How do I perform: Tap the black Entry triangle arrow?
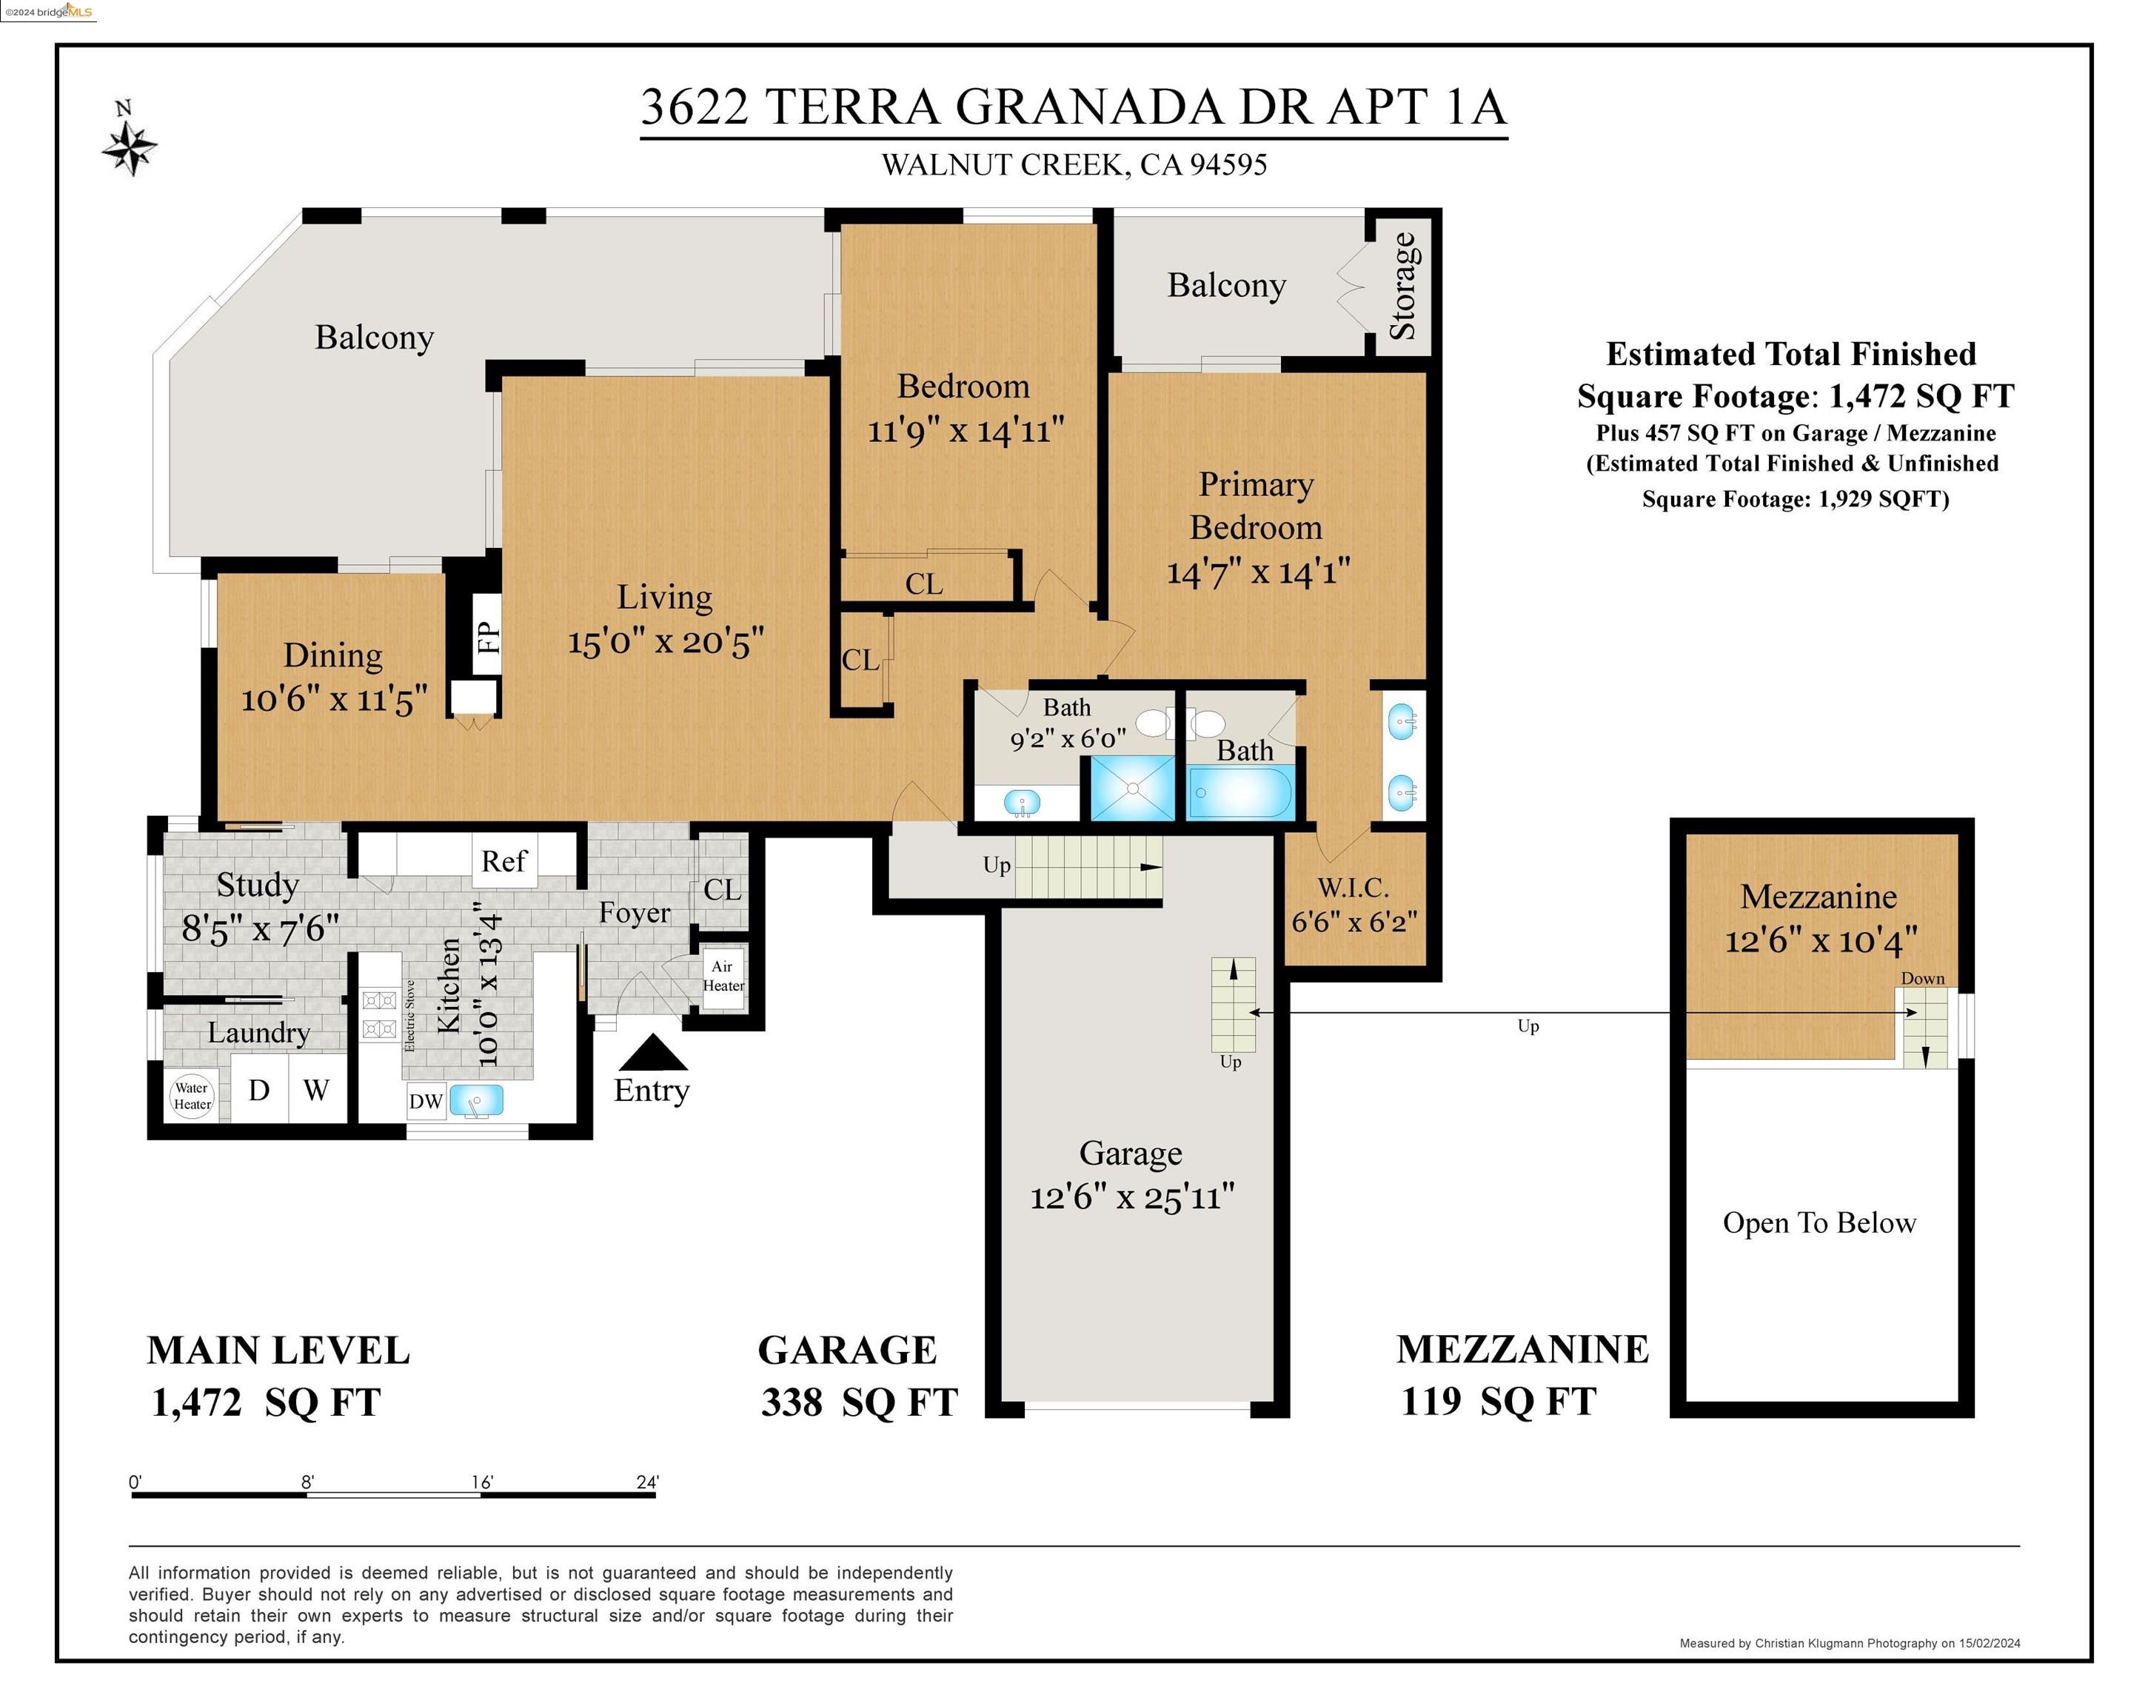(652, 1055)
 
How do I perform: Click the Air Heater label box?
(723, 976)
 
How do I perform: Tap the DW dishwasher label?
(426, 1101)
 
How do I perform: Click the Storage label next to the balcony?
(1403, 286)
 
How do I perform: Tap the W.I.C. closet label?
(1353, 888)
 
